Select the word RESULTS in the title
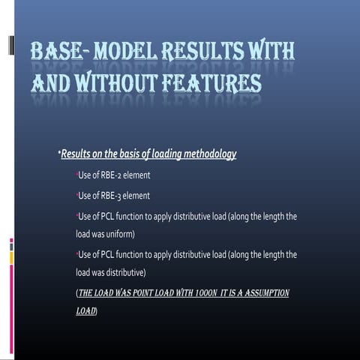coord(211,52)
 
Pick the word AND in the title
coord(49,81)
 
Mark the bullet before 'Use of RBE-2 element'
coord(77,175)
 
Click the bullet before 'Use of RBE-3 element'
coord(77,195)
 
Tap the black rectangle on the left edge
coord(10,45)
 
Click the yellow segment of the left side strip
coord(11,258)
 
